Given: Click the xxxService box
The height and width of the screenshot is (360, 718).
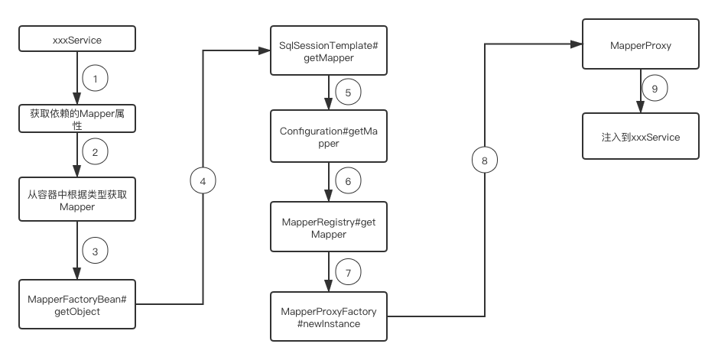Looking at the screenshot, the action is pos(77,39).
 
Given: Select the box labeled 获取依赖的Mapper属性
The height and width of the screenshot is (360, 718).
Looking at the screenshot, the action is pos(77,118).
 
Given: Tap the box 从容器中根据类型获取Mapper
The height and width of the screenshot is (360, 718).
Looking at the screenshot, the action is pos(77,199).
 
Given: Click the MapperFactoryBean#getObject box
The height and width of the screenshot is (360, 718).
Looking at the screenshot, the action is pos(77,304).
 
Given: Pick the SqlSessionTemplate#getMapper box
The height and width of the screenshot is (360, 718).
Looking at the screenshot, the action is pos(329,50).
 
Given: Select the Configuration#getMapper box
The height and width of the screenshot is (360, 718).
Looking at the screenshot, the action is pos(329,136).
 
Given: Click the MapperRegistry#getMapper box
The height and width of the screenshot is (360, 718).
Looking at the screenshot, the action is pos(329,227).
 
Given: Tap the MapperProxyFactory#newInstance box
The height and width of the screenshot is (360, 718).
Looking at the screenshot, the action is pos(329,316).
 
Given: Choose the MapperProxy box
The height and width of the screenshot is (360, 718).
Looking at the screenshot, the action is pos(641,44).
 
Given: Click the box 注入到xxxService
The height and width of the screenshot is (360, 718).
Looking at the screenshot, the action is pos(641,136).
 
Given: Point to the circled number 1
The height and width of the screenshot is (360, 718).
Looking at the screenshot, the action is pos(96,78).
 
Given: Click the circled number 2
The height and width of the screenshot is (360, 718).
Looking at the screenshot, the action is pos(96,152).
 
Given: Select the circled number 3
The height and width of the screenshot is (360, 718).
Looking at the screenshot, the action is pos(96,251).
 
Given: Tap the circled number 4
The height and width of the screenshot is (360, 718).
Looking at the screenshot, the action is pos(203,181).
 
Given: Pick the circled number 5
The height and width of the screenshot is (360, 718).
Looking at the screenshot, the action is pos(348,92).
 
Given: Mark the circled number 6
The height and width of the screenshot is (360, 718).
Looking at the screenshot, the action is pos(348,181).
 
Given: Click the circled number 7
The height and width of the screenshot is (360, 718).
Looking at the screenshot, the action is pos(348,273).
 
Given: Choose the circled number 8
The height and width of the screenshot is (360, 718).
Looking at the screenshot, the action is pos(485,160).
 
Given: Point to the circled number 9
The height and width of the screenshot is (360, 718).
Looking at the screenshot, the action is pos(655,89).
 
